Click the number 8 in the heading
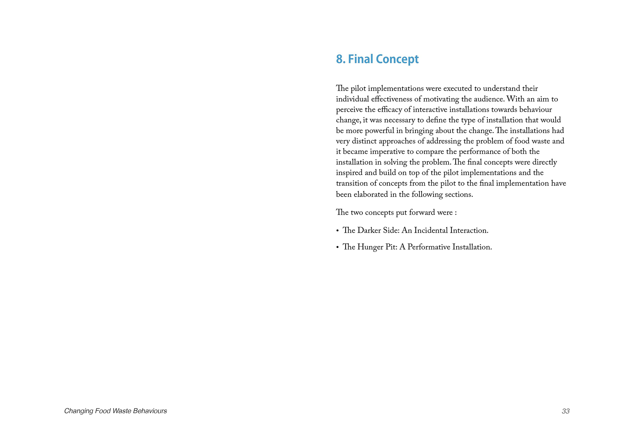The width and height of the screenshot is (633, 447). click(339, 59)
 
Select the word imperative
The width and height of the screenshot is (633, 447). click(389, 152)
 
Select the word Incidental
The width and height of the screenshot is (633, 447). click(431, 231)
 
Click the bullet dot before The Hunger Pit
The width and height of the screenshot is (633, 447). click(337, 247)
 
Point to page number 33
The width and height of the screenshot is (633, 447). click(566, 411)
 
